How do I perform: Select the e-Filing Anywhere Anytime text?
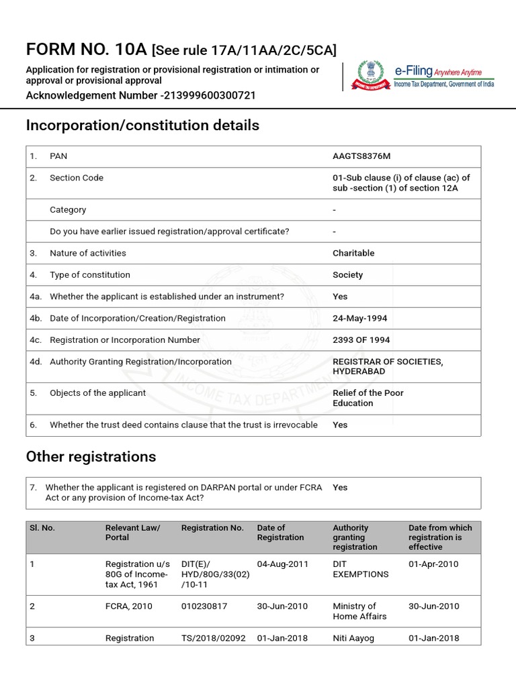click(x=443, y=71)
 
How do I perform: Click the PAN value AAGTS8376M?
click(x=361, y=156)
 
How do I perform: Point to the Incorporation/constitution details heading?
click(x=142, y=125)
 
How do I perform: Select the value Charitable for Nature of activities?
click(x=353, y=254)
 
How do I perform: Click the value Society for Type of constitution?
click(x=347, y=275)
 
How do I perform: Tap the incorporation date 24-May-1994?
click(x=359, y=318)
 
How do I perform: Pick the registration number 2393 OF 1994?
click(x=361, y=340)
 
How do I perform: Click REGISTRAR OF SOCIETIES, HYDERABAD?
click(x=388, y=366)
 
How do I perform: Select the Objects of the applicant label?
click(x=97, y=393)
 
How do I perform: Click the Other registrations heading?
click(x=91, y=457)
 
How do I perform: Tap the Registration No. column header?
click(x=212, y=528)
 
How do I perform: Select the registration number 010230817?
click(x=204, y=606)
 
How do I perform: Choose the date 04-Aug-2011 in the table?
click(x=282, y=564)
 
